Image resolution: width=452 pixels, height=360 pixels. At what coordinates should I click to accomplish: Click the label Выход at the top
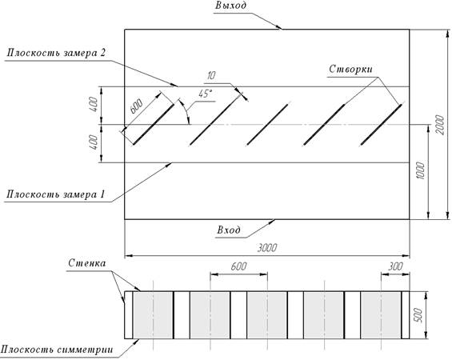click(230, 6)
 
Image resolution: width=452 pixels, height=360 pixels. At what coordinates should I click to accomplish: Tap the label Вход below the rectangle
click(229, 230)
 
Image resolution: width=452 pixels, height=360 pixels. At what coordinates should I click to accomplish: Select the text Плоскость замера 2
click(56, 53)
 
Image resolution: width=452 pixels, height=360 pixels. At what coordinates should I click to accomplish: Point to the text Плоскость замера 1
click(55, 194)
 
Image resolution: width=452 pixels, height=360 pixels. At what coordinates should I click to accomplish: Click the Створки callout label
click(350, 69)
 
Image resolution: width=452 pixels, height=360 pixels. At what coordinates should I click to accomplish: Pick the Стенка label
click(87, 263)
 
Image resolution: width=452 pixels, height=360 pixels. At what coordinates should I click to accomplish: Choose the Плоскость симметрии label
click(57, 350)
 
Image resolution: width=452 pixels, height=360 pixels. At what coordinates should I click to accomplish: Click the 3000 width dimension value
click(267, 248)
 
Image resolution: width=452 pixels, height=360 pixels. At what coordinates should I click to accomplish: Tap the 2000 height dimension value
click(440, 125)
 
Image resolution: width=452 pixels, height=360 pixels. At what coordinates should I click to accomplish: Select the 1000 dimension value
click(421, 170)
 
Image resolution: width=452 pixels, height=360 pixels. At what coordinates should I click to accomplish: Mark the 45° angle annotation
click(206, 94)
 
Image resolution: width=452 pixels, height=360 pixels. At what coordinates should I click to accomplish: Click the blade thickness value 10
click(211, 75)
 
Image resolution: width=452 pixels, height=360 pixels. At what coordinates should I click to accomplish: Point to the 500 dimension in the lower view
click(419, 315)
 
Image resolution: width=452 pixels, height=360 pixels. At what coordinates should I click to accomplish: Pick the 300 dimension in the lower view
click(395, 266)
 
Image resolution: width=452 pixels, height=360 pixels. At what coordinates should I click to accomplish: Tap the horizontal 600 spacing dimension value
click(238, 266)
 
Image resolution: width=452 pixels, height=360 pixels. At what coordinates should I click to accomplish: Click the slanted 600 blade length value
click(136, 106)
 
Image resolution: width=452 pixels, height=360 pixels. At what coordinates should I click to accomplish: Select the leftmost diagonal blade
click(154, 124)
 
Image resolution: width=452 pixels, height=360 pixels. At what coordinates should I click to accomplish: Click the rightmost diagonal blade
click(381, 124)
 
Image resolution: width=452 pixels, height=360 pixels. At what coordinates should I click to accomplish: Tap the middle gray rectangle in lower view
click(267, 315)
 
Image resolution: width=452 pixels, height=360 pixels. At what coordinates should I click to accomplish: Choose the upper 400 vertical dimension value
click(94, 106)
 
